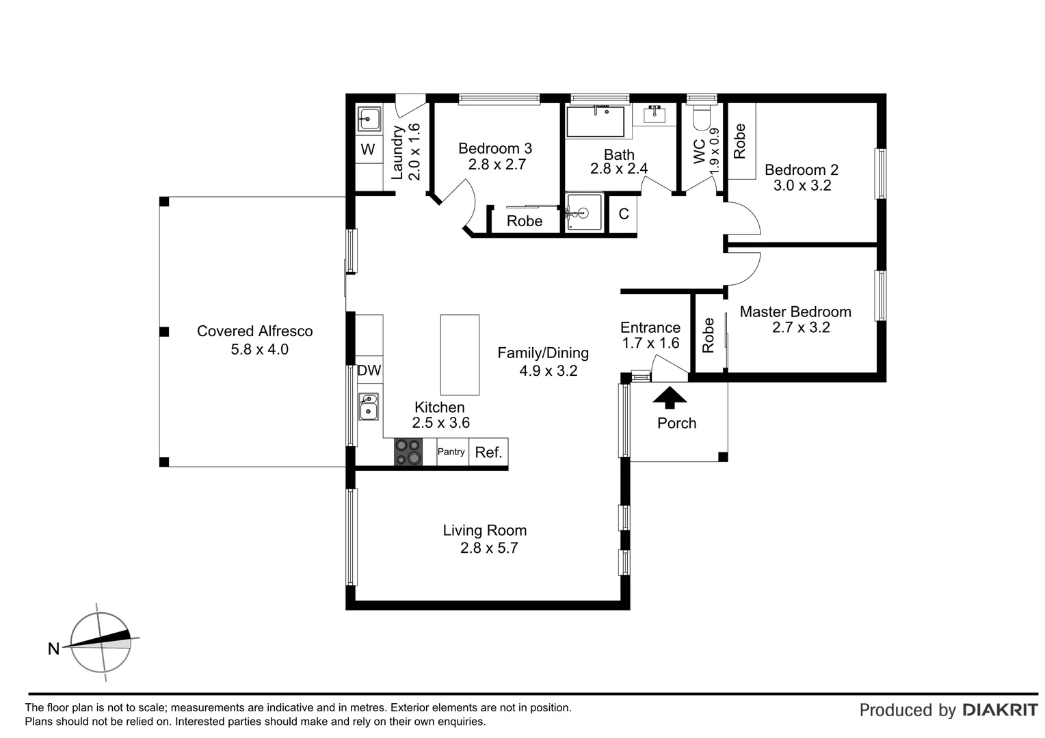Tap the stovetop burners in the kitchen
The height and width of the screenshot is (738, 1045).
tap(408, 452)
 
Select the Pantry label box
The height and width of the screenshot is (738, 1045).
tap(451, 452)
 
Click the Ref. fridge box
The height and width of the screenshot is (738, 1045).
tap(488, 452)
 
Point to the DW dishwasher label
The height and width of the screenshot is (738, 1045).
tap(369, 371)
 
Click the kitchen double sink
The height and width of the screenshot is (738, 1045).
tap(369, 406)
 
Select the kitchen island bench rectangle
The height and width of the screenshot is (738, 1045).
tap(460, 355)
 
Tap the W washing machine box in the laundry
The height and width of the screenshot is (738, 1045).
tap(368, 150)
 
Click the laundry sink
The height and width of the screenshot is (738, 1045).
tap(369, 120)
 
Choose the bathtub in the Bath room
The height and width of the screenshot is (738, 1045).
tap(595, 122)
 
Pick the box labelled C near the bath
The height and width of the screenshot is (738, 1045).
tap(623, 215)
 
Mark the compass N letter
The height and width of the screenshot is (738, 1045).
tap(53, 649)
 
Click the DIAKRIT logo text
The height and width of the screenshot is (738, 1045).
tap(999, 710)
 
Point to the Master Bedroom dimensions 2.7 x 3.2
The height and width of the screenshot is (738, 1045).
tap(801, 327)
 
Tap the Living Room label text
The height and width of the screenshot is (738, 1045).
tap(484, 530)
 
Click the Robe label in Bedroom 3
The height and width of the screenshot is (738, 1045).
tap(525, 221)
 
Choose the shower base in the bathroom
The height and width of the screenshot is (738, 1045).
tap(584, 213)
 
